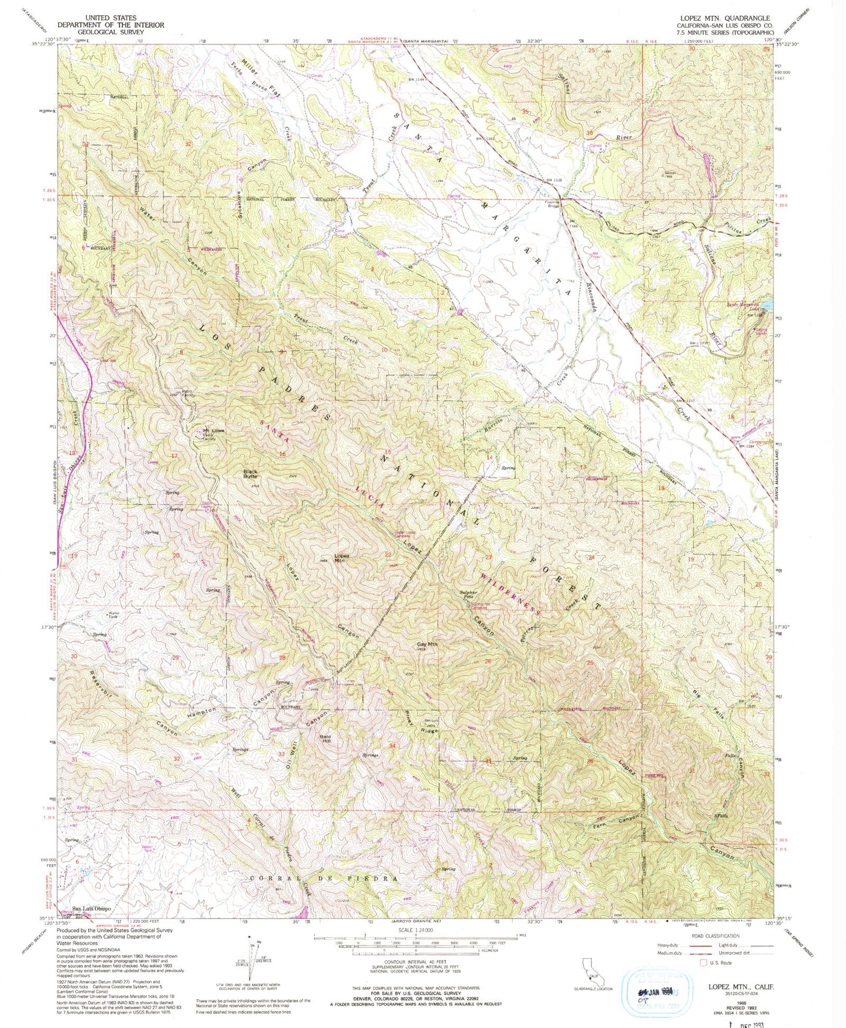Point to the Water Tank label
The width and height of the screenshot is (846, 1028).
coord(114,616)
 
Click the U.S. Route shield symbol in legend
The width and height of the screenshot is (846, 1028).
coord(703,962)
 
